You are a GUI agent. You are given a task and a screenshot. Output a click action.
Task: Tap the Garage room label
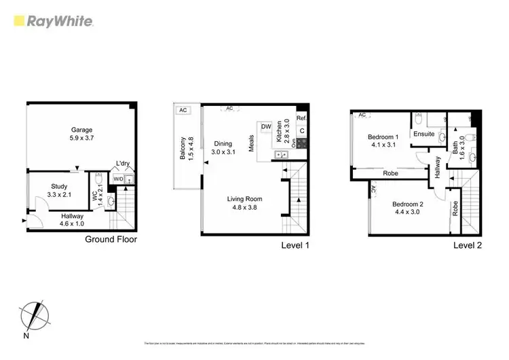point(81,134)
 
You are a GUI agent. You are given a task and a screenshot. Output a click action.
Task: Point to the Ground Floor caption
point(111,239)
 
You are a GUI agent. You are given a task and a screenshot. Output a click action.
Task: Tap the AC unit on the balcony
point(183,109)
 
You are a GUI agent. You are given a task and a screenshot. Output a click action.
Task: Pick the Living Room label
point(244,202)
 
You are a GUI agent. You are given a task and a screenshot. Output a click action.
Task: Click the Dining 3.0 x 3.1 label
point(223,148)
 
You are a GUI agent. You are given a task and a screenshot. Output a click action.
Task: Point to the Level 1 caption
point(295,245)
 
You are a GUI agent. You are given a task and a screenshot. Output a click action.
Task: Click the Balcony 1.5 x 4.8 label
point(186,149)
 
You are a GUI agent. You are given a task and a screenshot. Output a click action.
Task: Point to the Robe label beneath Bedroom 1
point(390,173)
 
